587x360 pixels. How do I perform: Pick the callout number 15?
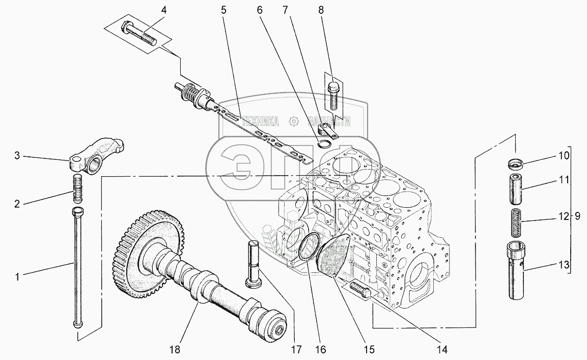(x=369, y=349)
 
